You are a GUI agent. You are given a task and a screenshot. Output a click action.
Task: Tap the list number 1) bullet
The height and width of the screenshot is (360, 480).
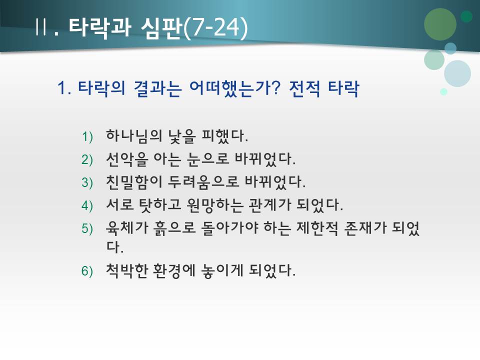pyautogui.click(x=87, y=136)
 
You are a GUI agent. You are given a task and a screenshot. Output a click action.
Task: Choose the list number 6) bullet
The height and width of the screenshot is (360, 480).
pyautogui.click(x=87, y=271)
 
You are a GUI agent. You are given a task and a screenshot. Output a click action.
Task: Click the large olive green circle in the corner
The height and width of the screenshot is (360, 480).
pyautogui.click(x=440, y=24)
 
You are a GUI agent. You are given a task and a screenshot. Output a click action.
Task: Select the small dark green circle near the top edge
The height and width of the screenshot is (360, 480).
pyautogui.click(x=466, y=16)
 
